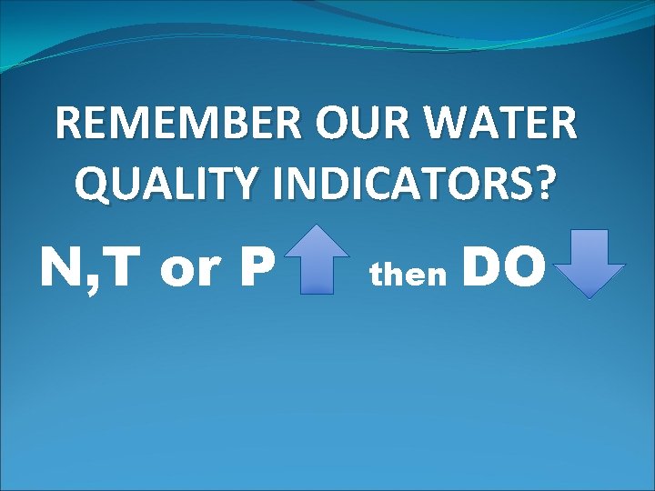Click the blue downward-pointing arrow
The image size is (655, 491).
589,264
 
